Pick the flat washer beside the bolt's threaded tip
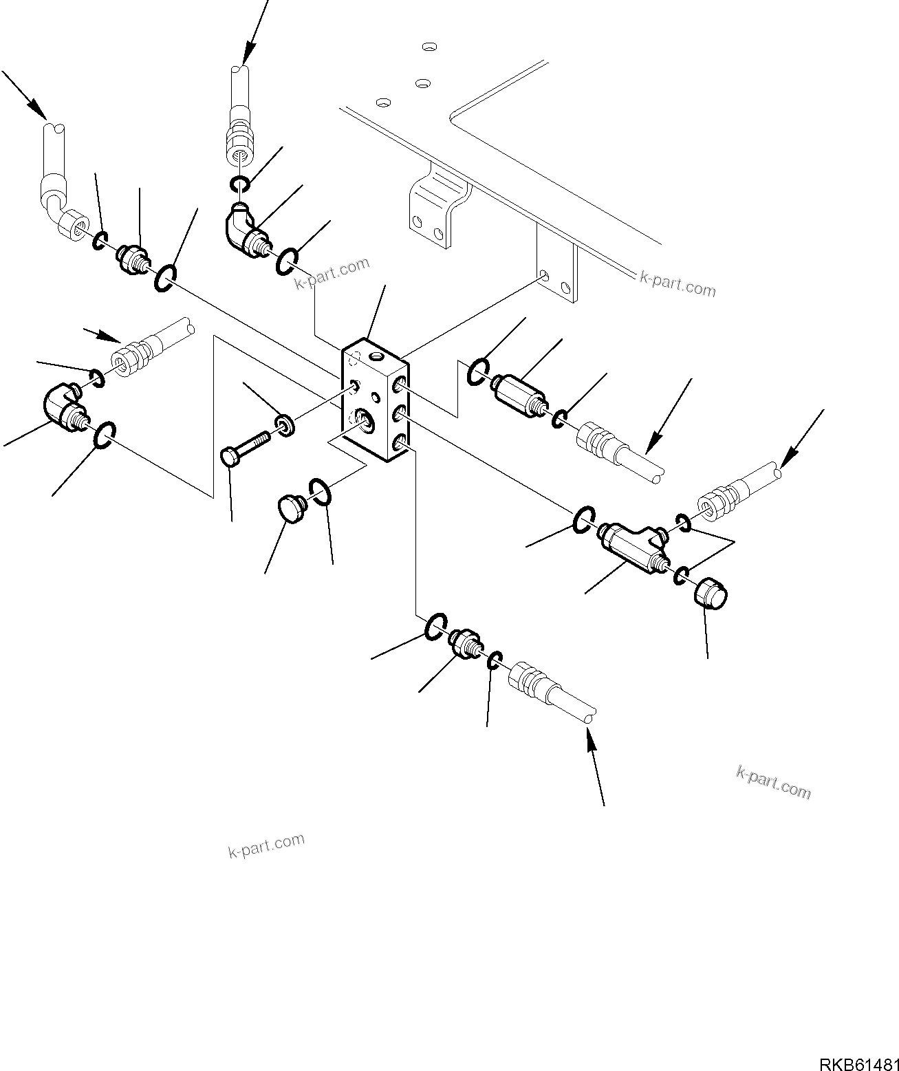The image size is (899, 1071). coord(285,424)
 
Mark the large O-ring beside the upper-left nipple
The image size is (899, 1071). coord(166,277)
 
